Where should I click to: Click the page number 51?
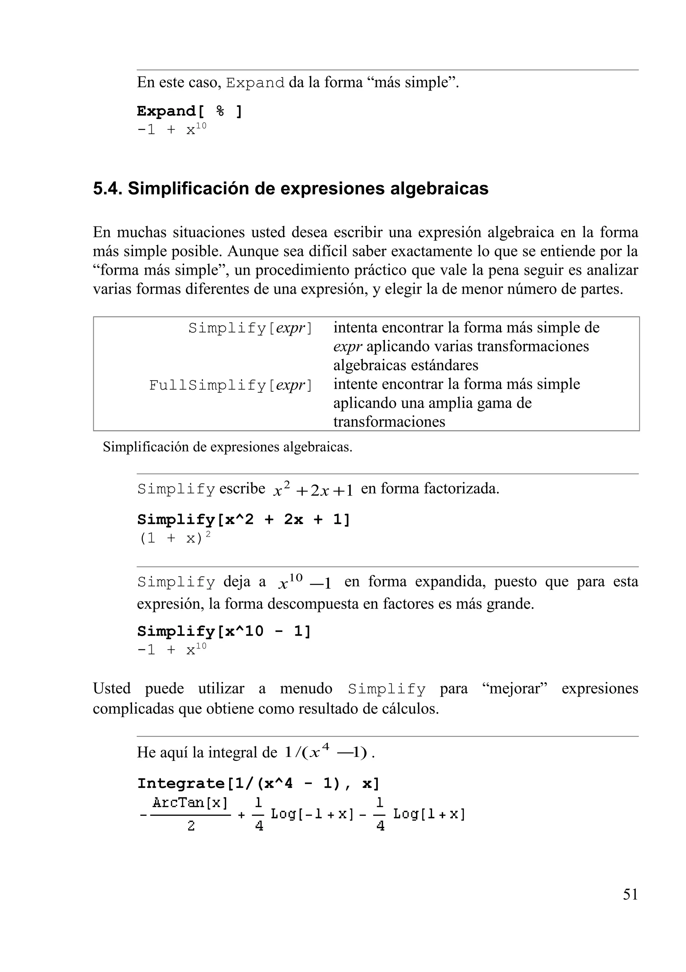(x=630, y=894)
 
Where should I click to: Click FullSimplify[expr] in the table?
(x=231, y=385)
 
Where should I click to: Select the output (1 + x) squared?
(x=175, y=538)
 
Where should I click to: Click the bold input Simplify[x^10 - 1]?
(x=224, y=632)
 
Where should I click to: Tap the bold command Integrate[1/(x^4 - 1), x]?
(x=258, y=784)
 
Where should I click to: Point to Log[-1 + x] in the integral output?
(x=312, y=814)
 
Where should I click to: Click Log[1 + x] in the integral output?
(x=429, y=814)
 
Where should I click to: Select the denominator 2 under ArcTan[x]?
(x=191, y=826)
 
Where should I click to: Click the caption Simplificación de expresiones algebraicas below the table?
(x=227, y=447)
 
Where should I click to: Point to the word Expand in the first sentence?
(x=255, y=82)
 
